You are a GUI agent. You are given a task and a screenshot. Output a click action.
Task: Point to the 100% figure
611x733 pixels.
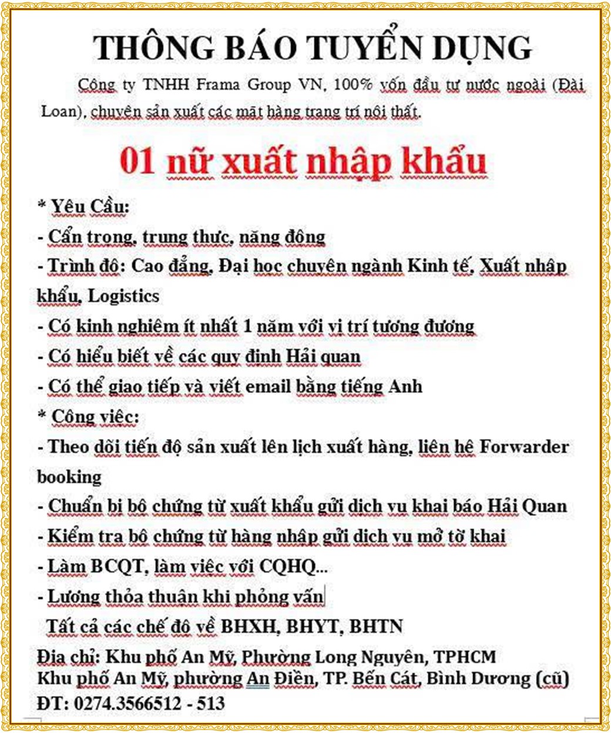tap(353, 85)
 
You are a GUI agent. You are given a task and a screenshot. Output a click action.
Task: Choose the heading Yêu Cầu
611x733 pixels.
tap(90, 207)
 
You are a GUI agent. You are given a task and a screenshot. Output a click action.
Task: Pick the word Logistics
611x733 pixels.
tap(123, 295)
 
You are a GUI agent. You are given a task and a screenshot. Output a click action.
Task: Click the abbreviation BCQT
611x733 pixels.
tap(117, 567)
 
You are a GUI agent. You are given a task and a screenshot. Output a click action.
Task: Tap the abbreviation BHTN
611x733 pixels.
tap(376, 627)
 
